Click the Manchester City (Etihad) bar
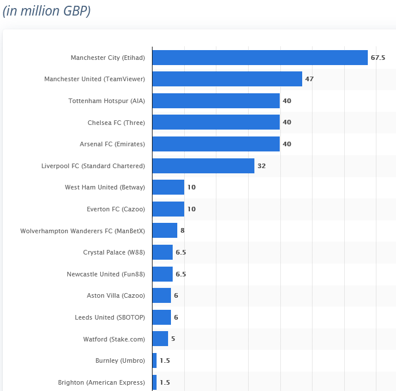tap(260, 58)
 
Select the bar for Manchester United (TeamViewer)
tap(227, 79)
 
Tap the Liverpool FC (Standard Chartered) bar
tap(203, 166)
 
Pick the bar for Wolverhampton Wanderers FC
tap(165, 230)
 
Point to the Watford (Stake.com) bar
tap(160, 339)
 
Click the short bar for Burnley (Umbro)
tap(155, 360)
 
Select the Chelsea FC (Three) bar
tap(216, 122)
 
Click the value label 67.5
tap(378, 58)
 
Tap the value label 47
tap(310, 79)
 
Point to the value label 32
tap(261, 166)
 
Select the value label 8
tap(182, 230)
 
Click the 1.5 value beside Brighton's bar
tap(165, 382)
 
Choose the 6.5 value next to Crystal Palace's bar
tap(181, 252)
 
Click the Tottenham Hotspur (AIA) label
tap(106, 101)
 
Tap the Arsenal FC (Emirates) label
tap(112, 144)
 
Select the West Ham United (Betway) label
tap(105, 187)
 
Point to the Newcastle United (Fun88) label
tap(106, 274)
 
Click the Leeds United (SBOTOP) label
tap(110, 317)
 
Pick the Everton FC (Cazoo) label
tap(116, 209)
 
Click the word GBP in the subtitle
tap(74, 11)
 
